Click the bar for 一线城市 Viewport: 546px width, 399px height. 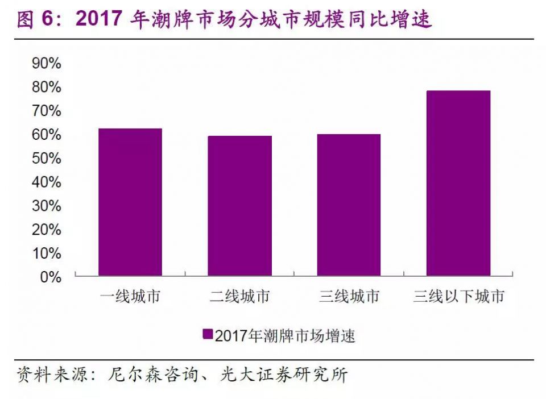pos(130,202)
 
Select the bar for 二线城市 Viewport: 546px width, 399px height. pos(239,206)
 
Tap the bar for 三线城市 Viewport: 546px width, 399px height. pos(349,205)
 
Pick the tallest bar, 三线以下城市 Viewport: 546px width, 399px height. pos(458,183)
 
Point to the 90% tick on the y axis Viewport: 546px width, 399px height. pos(47,63)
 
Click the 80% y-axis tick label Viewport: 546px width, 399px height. pos(47,87)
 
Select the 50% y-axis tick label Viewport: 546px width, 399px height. pos(47,158)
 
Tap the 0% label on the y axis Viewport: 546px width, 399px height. pos(50,277)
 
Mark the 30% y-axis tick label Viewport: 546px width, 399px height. pos(47,206)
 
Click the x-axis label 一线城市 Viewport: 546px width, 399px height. pos(130,296)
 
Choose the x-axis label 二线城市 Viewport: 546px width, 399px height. pos(239,296)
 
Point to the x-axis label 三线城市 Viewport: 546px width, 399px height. pos(349,296)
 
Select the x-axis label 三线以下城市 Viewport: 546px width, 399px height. pos(458,296)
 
